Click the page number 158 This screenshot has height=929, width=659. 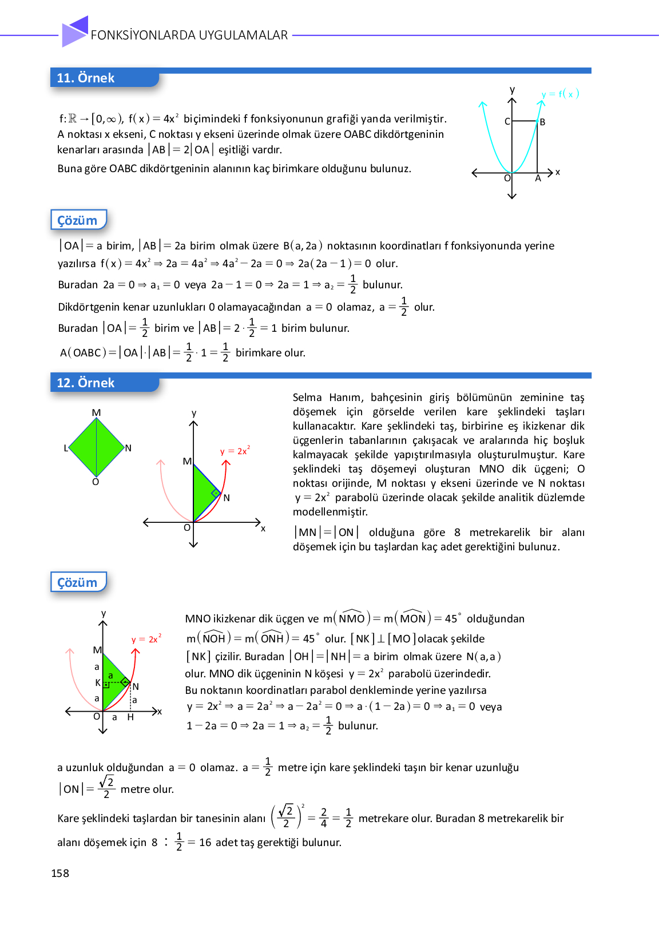tap(60, 873)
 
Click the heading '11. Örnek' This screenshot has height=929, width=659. tap(86, 78)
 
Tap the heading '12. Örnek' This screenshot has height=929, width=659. tap(86, 383)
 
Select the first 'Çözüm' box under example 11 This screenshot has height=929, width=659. tap(78, 220)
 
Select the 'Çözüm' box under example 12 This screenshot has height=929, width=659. tap(78, 582)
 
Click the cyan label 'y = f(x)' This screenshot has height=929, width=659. tap(560, 94)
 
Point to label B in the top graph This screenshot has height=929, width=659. tap(542, 122)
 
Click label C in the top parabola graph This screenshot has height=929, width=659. tap(507, 121)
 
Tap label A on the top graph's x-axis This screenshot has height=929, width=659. tap(538, 178)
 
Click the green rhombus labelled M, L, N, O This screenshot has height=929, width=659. tap(96, 447)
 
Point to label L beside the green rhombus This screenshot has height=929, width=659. tap(66, 448)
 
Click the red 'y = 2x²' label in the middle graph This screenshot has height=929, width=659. tap(235, 451)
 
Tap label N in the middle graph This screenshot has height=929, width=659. tap(227, 498)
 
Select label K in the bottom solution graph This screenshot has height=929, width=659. tap(98, 682)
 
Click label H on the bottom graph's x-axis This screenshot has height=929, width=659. tap(130, 717)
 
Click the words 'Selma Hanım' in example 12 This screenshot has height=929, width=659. tap(328, 398)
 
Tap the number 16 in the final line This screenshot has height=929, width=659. tap(205, 842)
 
